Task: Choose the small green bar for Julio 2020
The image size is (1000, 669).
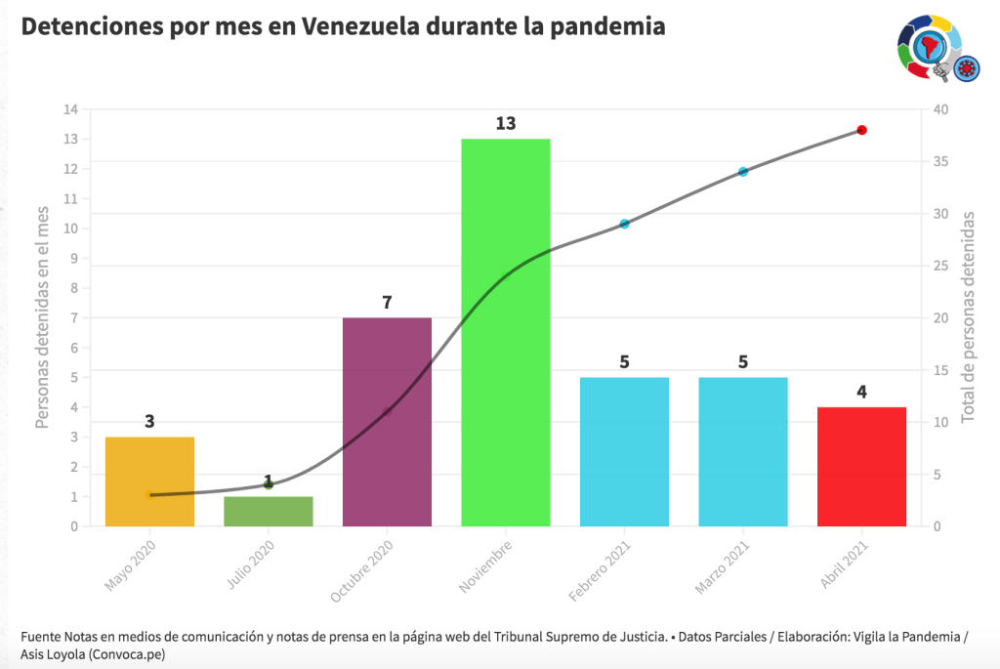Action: pyautogui.click(x=269, y=512)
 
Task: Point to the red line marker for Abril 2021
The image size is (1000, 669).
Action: pyautogui.click(x=862, y=130)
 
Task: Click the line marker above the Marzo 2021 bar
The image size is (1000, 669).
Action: pyautogui.click(x=743, y=172)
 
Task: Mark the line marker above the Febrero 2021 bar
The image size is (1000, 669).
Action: pyautogui.click(x=624, y=225)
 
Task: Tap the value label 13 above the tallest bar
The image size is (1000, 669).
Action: pyautogui.click(x=505, y=124)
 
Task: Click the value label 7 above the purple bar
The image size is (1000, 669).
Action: pyautogui.click(x=387, y=303)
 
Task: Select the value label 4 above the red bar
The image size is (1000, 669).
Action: pyautogui.click(x=861, y=393)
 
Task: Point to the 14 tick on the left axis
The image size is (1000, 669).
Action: pyautogui.click(x=71, y=109)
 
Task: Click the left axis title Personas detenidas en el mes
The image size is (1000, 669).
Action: pyautogui.click(x=43, y=317)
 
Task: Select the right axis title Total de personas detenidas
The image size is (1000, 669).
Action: pyautogui.click(x=968, y=317)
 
